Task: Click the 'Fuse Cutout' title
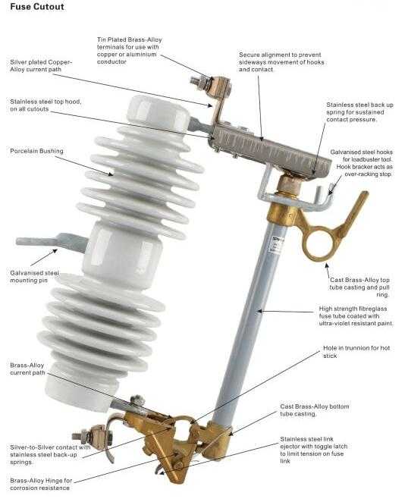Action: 37,7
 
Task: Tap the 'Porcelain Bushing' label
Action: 36,151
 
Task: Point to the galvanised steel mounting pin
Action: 52,242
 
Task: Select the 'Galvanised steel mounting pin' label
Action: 35,277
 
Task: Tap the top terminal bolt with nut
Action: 200,82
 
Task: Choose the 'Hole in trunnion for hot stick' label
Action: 356,352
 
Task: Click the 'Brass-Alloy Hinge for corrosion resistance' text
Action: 41,484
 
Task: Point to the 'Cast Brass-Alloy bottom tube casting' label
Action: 315,409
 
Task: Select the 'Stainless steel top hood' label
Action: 46,105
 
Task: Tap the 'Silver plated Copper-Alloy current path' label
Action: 41,66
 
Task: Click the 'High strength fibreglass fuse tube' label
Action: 356,316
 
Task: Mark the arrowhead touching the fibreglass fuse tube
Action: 259,311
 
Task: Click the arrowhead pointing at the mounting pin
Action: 55,251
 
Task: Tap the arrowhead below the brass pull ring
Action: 326,265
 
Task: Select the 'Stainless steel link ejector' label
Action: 313,450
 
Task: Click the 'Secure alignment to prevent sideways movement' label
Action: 281,61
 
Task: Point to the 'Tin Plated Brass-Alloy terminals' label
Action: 130,51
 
